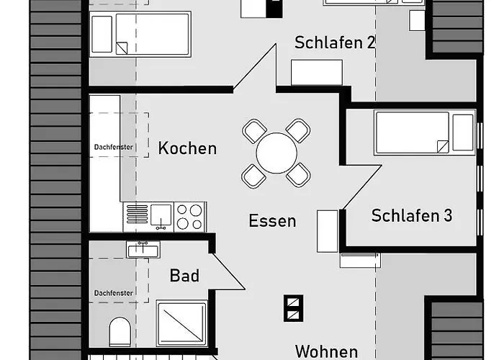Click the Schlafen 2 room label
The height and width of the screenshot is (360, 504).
(x=335, y=42)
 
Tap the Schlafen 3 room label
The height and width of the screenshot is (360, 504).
(x=412, y=215)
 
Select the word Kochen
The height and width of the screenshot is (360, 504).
(x=187, y=148)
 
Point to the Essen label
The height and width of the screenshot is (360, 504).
(x=272, y=220)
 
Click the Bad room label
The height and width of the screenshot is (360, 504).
(x=184, y=275)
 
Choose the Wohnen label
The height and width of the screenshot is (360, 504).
(x=326, y=351)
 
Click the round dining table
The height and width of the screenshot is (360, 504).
(x=276, y=153)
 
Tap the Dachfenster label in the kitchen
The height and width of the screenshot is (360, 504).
(x=114, y=148)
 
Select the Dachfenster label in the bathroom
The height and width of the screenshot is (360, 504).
(x=114, y=293)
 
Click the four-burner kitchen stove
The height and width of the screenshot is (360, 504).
(x=190, y=216)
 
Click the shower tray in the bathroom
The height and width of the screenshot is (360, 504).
(x=181, y=324)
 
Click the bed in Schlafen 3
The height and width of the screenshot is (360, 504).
(x=424, y=132)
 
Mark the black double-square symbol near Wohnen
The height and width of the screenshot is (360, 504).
(x=293, y=307)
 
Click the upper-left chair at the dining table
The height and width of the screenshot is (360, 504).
(x=254, y=131)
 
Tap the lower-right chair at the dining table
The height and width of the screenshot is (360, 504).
(x=298, y=174)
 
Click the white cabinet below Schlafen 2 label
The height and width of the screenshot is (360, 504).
(x=316, y=73)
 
